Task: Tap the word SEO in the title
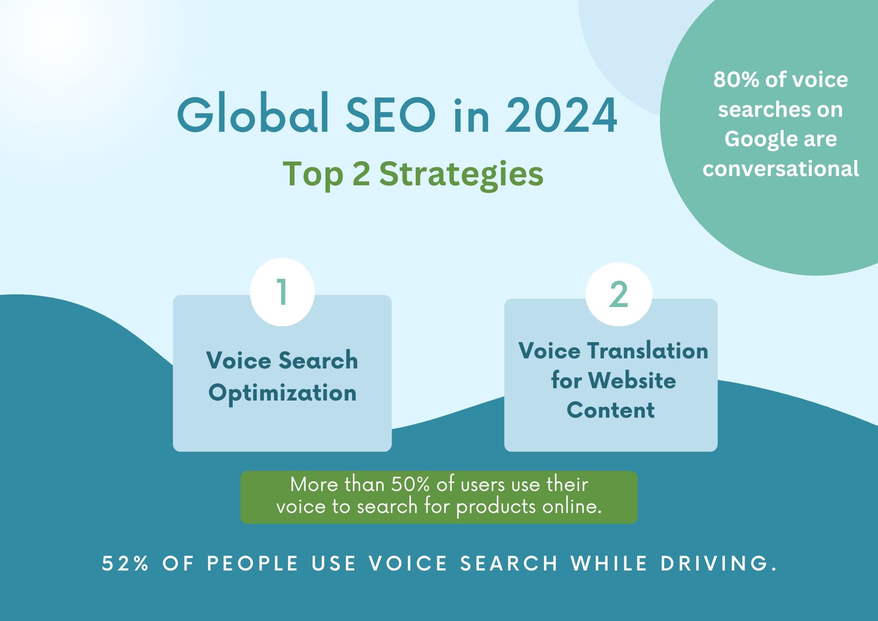coord(391,114)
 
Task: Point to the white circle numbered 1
coord(282,292)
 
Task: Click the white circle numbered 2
coord(619,294)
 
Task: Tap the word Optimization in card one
coord(282,393)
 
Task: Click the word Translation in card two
coord(648,351)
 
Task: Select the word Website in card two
coord(632,380)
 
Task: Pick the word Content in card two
coord(611,410)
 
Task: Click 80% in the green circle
coord(736,80)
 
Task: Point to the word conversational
coord(781,169)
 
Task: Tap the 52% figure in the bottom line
coord(126,563)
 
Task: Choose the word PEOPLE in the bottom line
coord(253,563)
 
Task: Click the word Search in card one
coord(318,361)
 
